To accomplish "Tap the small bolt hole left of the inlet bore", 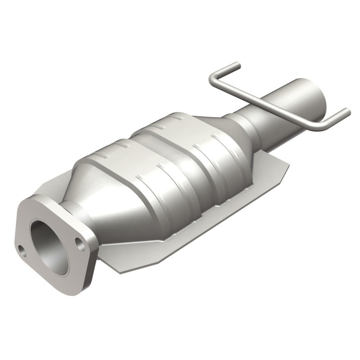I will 22,247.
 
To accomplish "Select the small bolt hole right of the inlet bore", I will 81,245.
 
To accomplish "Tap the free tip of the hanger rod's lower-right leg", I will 346,111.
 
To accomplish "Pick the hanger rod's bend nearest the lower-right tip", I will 320,127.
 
